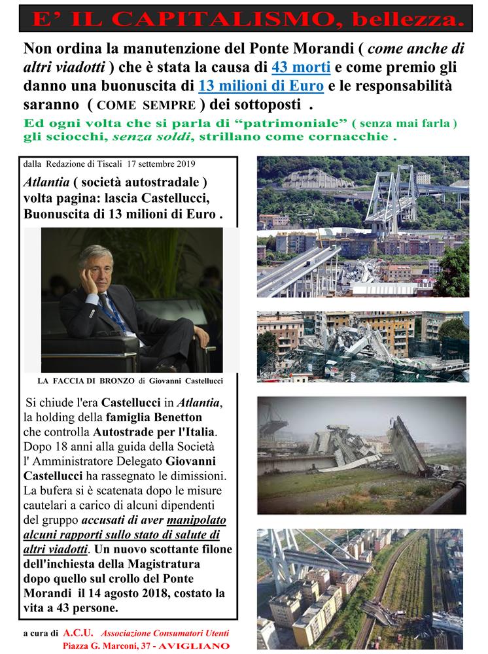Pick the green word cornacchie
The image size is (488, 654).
coord(351,138)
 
